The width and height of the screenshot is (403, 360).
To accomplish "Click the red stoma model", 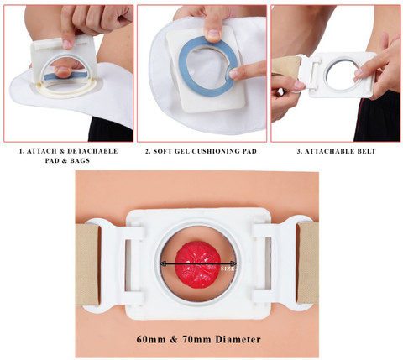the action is pyautogui.click(x=198, y=264).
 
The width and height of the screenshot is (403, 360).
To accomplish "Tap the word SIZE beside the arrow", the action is pyautogui.click(x=228, y=269).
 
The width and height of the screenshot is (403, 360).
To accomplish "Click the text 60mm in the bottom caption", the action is pyautogui.click(x=151, y=339).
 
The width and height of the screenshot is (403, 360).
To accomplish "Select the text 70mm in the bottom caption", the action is pyautogui.click(x=196, y=339).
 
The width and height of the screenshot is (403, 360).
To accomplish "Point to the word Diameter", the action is pyautogui.click(x=238, y=339).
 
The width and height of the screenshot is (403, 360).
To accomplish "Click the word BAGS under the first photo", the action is pyautogui.click(x=79, y=160).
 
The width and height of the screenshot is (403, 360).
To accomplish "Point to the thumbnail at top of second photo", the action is pyautogui.click(x=213, y=34).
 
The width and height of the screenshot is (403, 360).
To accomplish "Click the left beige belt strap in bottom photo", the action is pyautogui.click(x=87, y=264).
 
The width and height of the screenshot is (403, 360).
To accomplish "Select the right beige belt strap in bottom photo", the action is pyautogui.click(x=307, y=263).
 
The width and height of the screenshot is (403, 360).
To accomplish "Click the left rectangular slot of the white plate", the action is pyautogui.click(x=128, y=264).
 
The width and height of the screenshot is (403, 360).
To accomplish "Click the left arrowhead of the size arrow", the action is pyautogui.click(x=162, y=263).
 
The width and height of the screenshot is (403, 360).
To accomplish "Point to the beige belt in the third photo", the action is pyautogui.click(x=286, y=68).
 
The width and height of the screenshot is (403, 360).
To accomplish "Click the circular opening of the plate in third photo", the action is pyautogui.click(x=342, y=74).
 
